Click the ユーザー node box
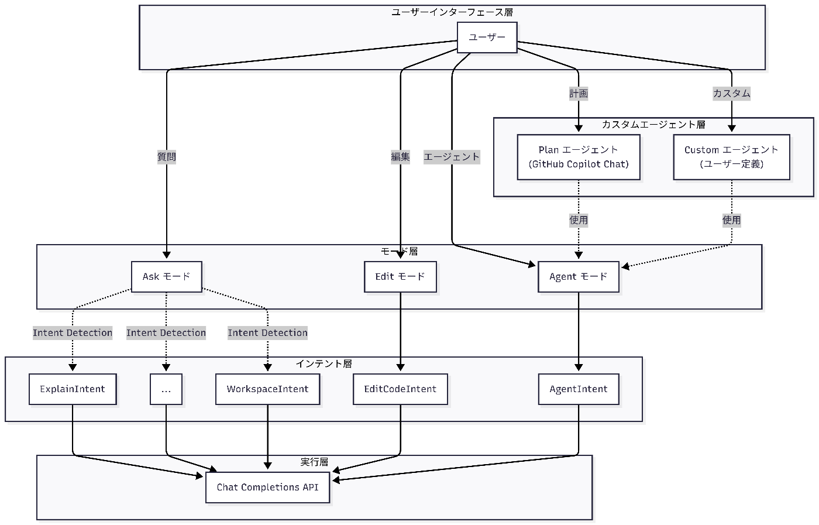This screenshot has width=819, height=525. (x=487, y=37)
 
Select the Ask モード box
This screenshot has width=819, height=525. (x=166, y=277)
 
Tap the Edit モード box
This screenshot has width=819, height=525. (x=400, y=277)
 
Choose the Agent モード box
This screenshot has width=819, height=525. (x=579, y=277)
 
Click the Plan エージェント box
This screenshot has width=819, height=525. (x=579, y=157)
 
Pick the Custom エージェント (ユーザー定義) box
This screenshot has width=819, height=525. (x=732, y=157)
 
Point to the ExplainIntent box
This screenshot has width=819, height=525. (x=73, y=389)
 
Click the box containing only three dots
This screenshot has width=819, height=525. (x=166, y=389)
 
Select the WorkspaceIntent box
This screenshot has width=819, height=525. (x=268, y=389)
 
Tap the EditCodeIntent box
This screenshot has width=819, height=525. (x=400, y=389)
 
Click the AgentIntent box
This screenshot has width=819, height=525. (x=579, y=389)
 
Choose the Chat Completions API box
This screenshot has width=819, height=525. (x=268, y=488)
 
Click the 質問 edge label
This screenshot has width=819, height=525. (x=167, y=157)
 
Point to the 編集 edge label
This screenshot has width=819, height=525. (x=400, y=157)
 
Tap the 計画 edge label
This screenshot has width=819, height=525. (x=579, y=94)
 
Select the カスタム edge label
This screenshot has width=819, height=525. (x=732, y=94)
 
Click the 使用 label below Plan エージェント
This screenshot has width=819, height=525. (x=579, y=220)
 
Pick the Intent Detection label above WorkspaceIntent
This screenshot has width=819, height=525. (x=268, y=333)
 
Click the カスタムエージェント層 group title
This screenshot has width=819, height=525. (x=653, y=125)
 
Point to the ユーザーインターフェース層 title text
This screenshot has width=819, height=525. (x=452, y=12)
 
